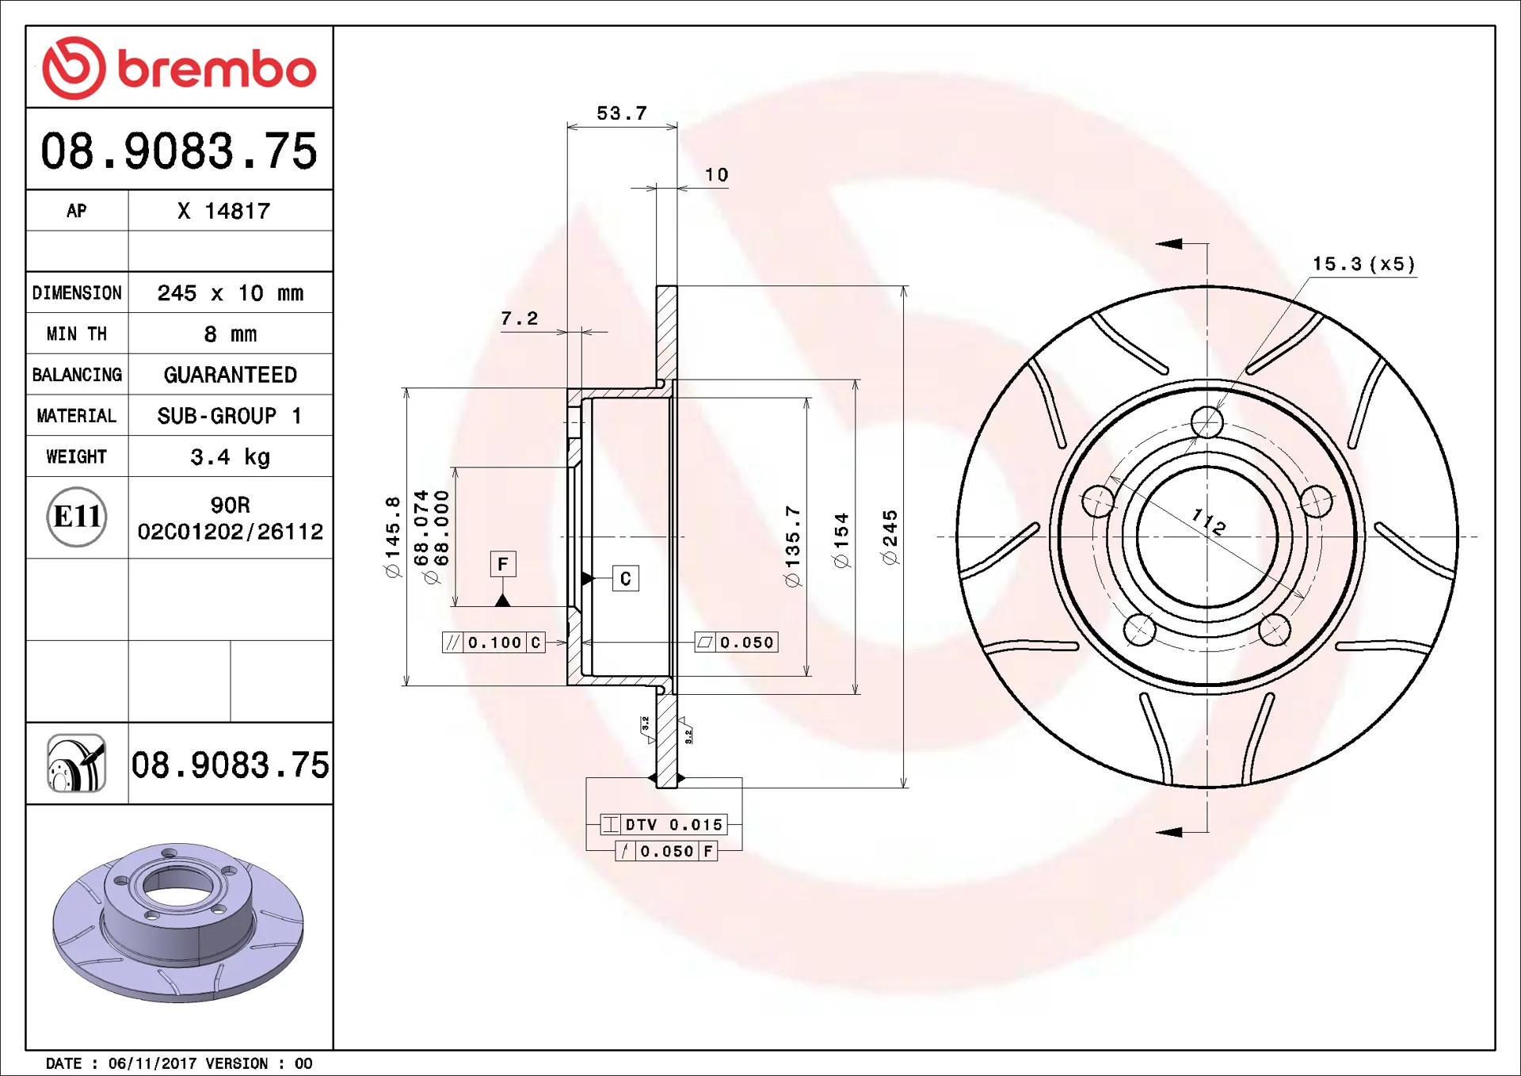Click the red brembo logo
tap(179, 68)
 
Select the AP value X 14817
tap(224, 211)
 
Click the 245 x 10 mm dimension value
tap(231, 293)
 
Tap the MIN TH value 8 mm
tap(231, 334)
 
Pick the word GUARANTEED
tap(231, 375)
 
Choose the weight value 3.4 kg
tap(231, 457)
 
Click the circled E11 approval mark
tap(77, 517)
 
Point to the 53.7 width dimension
tap(622, 113)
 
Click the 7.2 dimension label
tap(520, 319)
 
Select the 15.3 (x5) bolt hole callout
tap(1363, 264)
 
